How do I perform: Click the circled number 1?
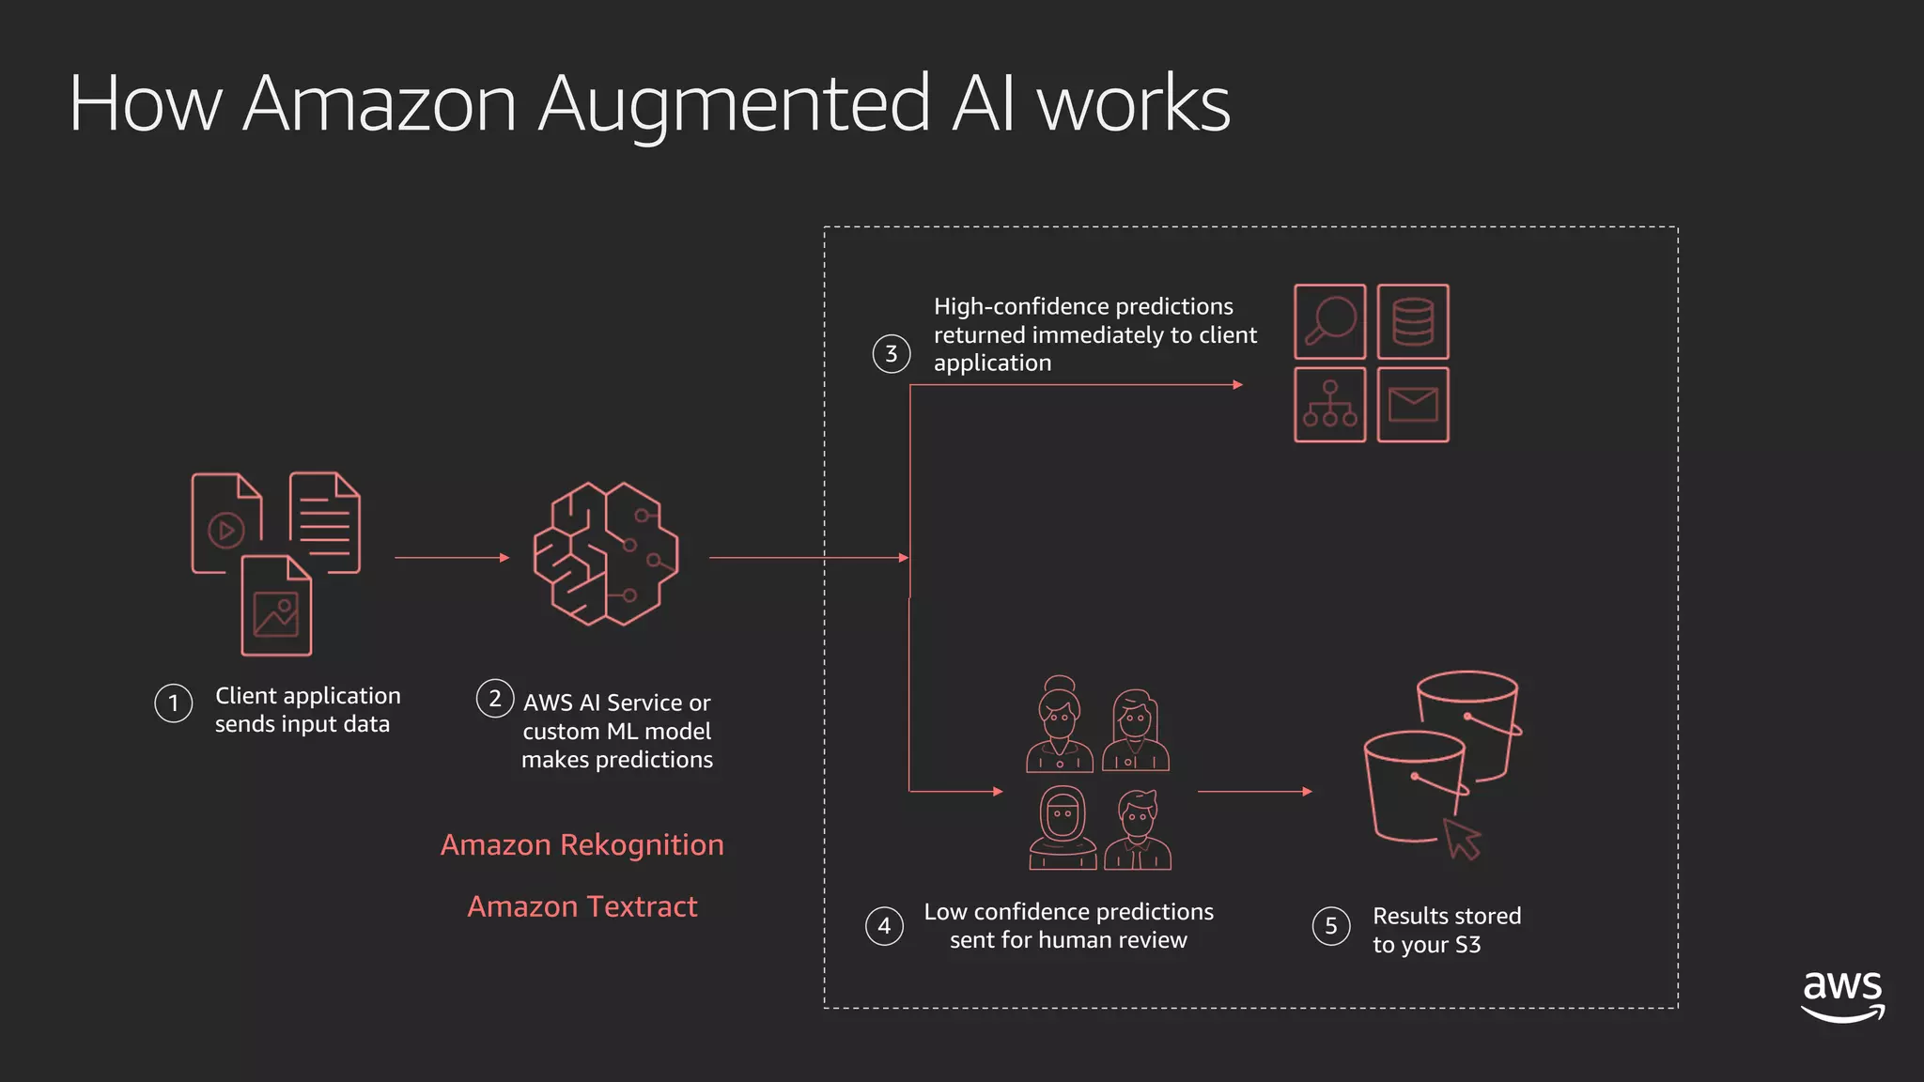tap(174, 703)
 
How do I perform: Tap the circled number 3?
tap(892, 354)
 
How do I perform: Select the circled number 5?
tap(1331, 926)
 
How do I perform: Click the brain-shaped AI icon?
tap(606, 554)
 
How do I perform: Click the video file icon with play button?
tap(226, 523)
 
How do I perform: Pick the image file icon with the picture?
tap(276, 607)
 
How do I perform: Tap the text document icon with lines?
tap(325, 521)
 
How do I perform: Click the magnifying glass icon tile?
tap(1329, 321)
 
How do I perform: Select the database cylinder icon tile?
tap(1413, 321)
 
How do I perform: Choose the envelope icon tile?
tap(1413, 405)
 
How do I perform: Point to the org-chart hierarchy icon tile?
tap(1329, 405)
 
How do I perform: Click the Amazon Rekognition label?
tap(582, 845)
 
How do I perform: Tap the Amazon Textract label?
tap(582, 907)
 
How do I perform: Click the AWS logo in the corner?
tap(1842, 996)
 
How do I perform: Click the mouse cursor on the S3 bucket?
tap(1461, 838)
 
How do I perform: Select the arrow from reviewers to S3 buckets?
tap(1254, 792)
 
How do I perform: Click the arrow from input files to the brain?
tap(452, 558)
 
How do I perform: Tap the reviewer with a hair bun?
tap(1060, 723)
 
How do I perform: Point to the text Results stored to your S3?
tap(1446, 930)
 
